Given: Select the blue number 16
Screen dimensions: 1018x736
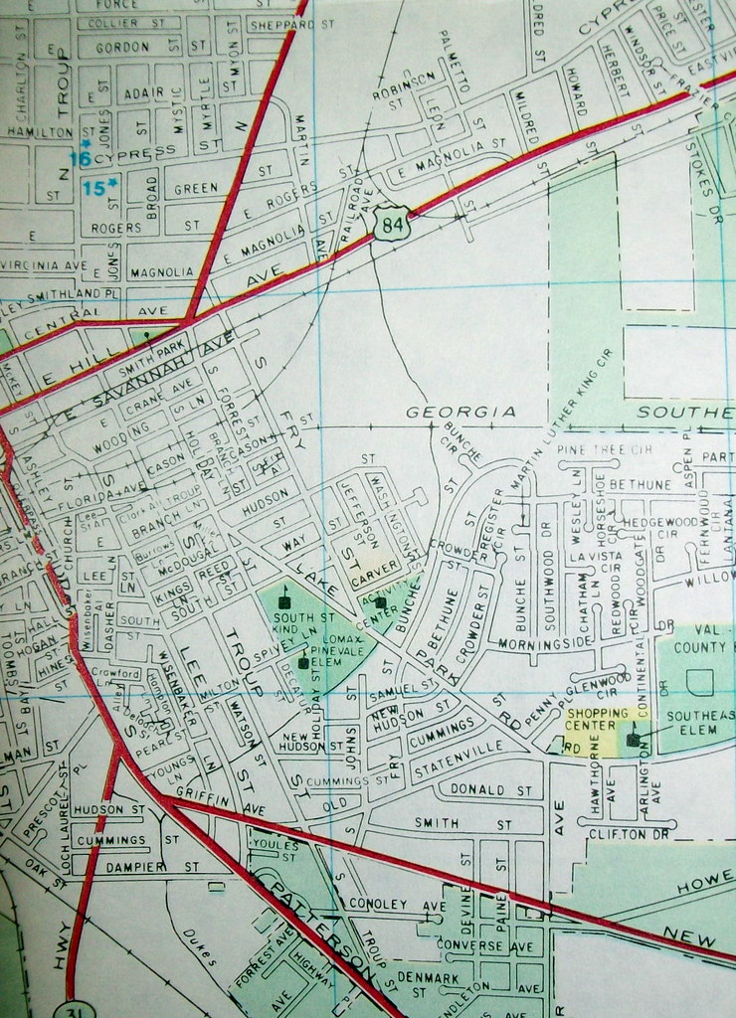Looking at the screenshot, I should click(80, 157).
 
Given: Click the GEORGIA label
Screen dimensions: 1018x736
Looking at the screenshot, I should click(460, 412).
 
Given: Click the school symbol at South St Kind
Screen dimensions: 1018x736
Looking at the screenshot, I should click(285, 602).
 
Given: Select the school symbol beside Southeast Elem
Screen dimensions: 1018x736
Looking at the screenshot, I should click(633, 740).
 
